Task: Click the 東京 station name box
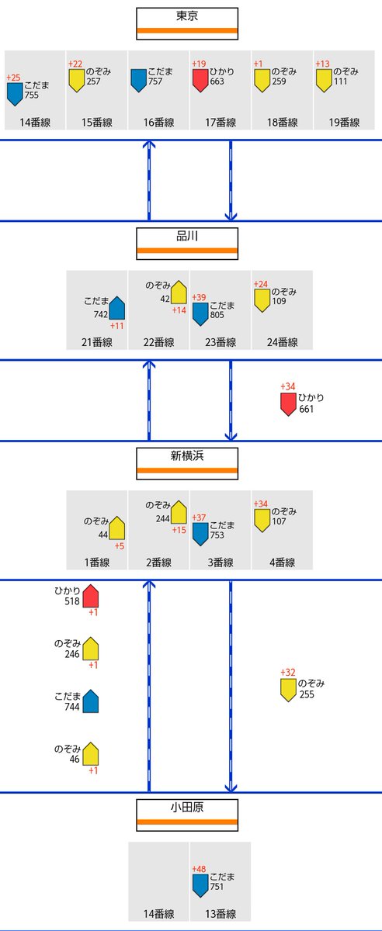click(187, 24)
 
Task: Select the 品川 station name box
click(187, 244)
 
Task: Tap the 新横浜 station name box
click(187, 463)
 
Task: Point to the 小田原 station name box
click(187, 815)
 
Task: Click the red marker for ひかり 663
click(200, 80)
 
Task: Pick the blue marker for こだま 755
click(15, 95)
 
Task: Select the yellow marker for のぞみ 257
click(77, 80)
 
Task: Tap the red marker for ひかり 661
click(288, 403)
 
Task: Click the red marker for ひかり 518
click(90, 596)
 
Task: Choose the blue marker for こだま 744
click(90, 701)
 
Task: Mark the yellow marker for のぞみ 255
click(288, 690)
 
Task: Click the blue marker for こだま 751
click(200, 886)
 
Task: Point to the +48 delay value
click(199, 869)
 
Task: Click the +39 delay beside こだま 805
click(199, 298)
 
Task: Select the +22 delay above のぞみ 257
click(75, 64)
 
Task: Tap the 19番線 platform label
click(344, 123)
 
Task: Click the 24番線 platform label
click(282, 342)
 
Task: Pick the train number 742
click(101, 315)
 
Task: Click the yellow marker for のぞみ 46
click(90, 753)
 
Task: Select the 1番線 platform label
click(97, 562)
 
